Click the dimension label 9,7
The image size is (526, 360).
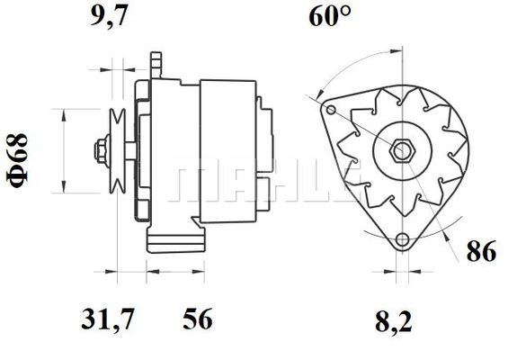coord(109,16)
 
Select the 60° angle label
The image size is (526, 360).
coord(330,16)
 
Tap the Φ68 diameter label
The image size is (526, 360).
coord(17,160)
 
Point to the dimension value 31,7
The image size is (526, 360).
coord(108,319)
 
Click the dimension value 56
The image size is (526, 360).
coord(198,319)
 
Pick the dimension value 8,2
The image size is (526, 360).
coord(394,321)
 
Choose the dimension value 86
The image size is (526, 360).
coord(481,251)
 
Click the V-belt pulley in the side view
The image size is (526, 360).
coord(118,151)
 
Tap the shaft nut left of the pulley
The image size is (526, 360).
coord(102,151)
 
